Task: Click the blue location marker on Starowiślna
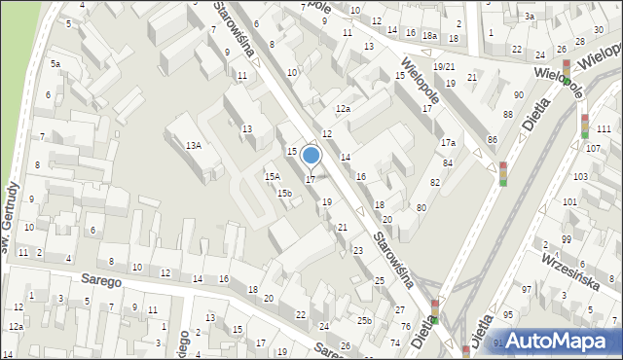pos(311,156)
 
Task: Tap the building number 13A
pos(194,145)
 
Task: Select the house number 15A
pos(273,176)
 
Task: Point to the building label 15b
pos(284,193)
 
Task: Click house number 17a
pos(447,143)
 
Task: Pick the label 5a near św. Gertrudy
pos(55,64)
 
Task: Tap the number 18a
pos(429,36)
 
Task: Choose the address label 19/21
pos(444,66)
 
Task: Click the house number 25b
pos(364,321)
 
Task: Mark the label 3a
pos(530,17)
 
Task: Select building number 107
pos(592,148)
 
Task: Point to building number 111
pos(604,129)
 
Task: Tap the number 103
pos(581,176)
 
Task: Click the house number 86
pos(493,141)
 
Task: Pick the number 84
pos(448,162)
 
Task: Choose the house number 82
pos(434,183)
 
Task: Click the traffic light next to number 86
pos(503,173)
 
